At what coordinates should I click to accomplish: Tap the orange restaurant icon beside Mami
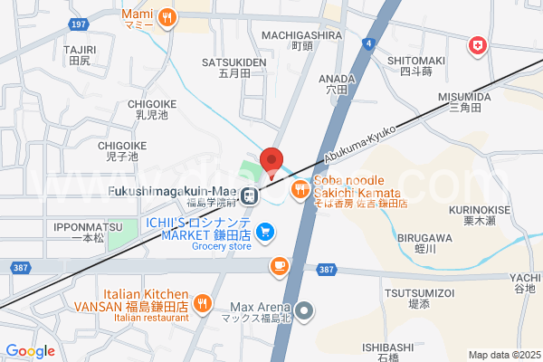167,17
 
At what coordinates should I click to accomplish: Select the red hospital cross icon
476,45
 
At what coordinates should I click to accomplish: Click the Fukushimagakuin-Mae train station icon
250,193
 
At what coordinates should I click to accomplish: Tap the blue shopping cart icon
265,233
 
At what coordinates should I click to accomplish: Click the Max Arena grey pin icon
305,311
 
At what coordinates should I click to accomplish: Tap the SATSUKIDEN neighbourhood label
234,63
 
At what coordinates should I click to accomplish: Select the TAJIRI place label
80,49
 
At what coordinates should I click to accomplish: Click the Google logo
31,351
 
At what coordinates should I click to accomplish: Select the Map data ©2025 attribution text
502,355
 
